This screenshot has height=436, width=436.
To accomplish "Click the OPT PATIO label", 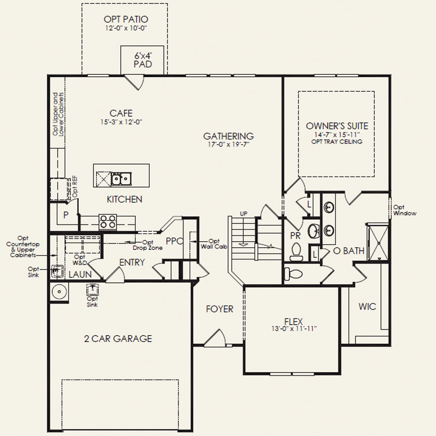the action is [126, 19].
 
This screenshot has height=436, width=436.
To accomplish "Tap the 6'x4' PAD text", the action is [143, 60].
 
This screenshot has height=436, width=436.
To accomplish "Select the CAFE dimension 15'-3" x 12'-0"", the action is [121, 122].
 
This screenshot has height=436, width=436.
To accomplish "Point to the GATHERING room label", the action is [229, 136].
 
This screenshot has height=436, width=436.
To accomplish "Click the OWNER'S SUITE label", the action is [337, 126].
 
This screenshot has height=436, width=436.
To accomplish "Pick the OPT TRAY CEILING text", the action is [337, 142].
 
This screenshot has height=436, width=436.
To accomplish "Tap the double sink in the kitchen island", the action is [121, 179].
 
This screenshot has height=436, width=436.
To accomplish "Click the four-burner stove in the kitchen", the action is [108, 222].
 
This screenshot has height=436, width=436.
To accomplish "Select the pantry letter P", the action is [66, 215].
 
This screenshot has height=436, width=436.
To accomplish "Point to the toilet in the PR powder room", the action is [296, 252].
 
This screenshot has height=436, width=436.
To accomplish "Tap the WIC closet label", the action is [367, 306].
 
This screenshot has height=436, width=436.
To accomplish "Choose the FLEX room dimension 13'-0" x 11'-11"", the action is [294, 328].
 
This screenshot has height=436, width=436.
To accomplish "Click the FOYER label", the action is [219, 309].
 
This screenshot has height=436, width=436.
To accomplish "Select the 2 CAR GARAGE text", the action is [118, 339].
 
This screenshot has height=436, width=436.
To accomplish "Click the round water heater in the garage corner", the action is [59, 291].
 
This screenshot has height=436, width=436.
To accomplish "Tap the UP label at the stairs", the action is [243, 213].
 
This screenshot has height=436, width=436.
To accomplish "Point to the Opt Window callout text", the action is [405, 210].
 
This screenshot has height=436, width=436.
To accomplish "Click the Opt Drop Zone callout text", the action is [148, 245].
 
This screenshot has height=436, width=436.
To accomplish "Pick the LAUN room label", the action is [80, 275].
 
